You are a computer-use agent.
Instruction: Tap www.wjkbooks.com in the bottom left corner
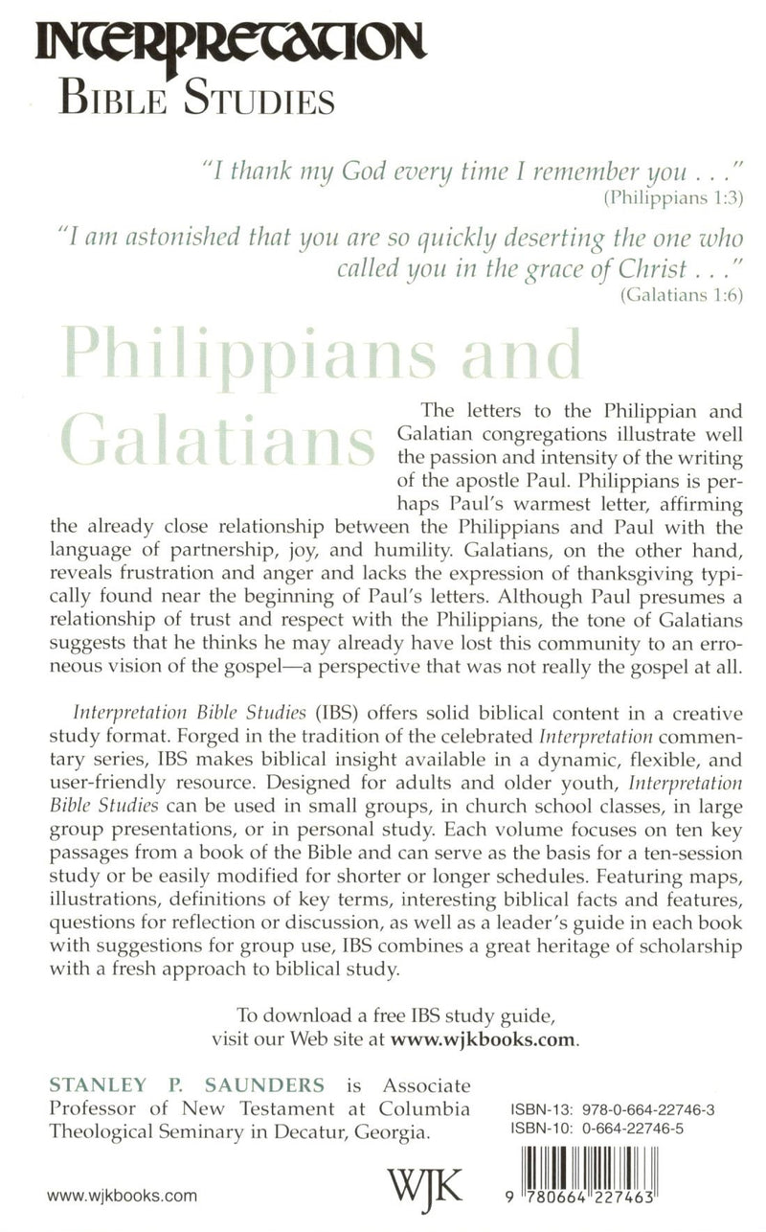click(122, 1196)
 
